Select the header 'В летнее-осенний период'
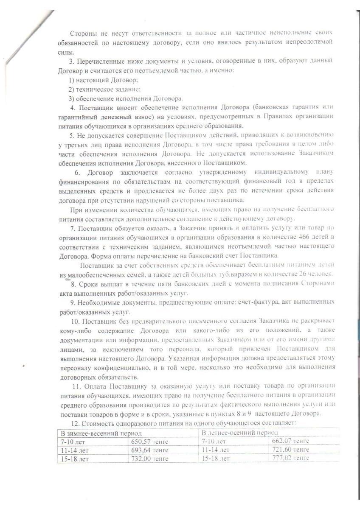240,432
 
